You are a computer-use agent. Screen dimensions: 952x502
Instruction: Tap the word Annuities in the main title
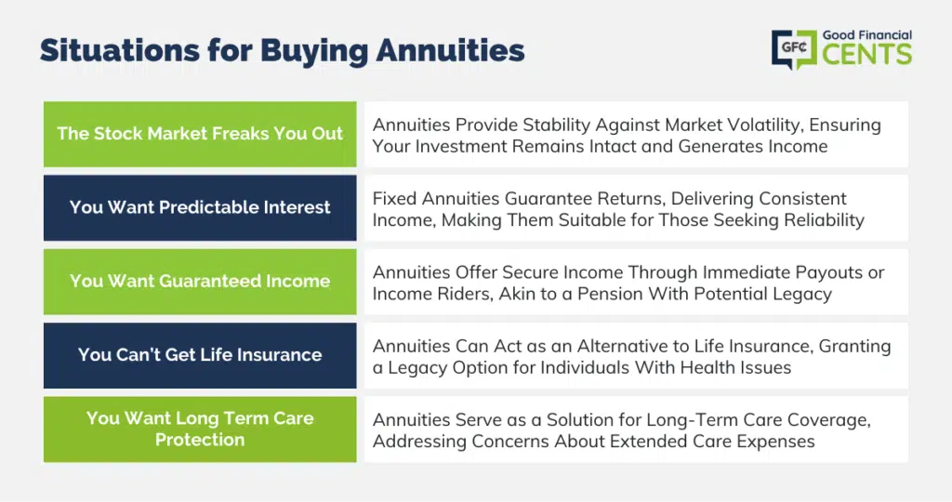tap(450, 50)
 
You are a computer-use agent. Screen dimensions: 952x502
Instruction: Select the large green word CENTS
tap(867, 54)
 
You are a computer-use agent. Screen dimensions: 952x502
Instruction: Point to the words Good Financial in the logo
tap(867, 35)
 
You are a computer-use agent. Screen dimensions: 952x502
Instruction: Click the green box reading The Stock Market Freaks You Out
tap(200, 134)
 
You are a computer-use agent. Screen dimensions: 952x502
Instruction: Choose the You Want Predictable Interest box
tap(200, 207)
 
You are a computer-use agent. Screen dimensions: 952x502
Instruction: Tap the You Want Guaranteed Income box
tap(200, 282)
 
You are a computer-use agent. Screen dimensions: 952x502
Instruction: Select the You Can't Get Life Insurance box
tap(200, 355)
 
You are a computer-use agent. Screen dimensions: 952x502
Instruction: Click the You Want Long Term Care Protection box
tap(200, 429)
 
